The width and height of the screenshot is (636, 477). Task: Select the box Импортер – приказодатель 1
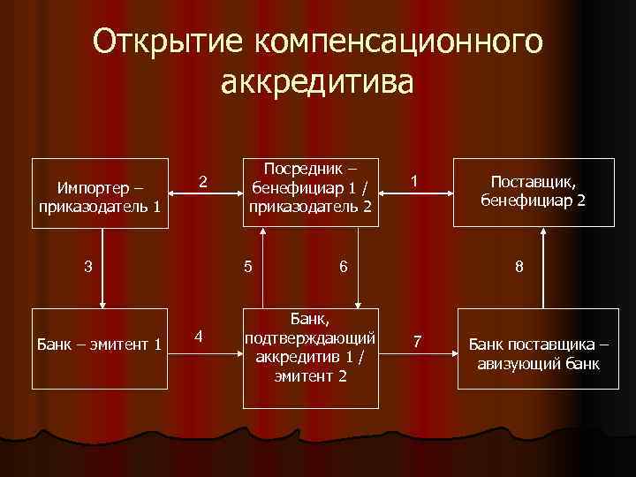point(100,194)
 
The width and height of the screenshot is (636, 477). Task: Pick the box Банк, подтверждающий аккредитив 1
point(310,345)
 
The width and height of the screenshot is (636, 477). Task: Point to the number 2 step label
point(203,183)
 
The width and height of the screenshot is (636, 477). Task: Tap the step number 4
point(200,337)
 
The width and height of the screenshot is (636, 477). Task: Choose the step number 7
point(418,341)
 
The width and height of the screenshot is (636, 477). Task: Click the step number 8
point(519,266)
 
